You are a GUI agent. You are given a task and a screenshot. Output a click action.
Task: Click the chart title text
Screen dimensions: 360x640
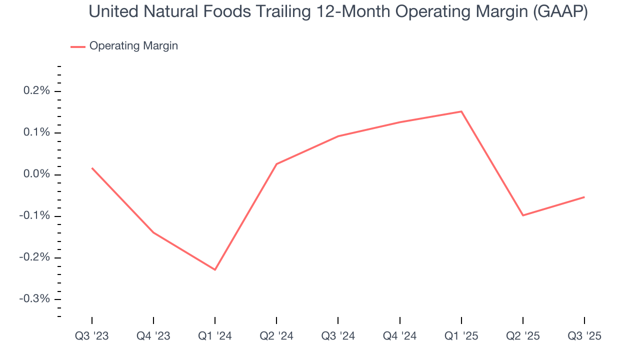click(x=338, y=12)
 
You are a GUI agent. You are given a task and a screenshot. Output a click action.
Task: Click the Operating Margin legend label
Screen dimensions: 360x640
click(x=133, y=46)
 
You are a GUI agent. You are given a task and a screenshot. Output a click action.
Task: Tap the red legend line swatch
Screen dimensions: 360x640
click(x=78, y=46)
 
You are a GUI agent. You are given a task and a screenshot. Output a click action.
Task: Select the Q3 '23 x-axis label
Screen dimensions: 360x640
click(x=92, y=336)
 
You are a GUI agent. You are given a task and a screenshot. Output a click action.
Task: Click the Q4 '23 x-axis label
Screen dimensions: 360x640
click(x=153, y=336)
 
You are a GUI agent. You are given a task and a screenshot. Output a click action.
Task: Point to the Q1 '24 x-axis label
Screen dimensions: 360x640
click(x=215, y=336)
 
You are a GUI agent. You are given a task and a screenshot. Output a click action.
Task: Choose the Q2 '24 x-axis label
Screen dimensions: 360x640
click(x=276, y=336)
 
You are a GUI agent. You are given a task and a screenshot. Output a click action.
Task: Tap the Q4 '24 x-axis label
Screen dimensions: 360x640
click(x=400, y=336)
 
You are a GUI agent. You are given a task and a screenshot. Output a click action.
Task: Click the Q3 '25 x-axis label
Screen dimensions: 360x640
click(x=584, y=336)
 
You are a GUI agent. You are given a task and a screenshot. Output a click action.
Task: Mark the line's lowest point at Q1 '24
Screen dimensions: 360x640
click(x=215, y=270)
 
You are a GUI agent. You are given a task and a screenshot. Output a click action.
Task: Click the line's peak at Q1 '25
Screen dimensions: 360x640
click(x=461, y=111)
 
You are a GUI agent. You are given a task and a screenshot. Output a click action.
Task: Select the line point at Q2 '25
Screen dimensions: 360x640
click(x=523, y=215)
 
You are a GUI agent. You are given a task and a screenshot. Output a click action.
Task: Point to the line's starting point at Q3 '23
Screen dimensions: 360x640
click(x=92, y=168)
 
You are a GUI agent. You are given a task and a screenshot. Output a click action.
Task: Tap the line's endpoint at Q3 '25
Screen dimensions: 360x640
click(x=584, y=197)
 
